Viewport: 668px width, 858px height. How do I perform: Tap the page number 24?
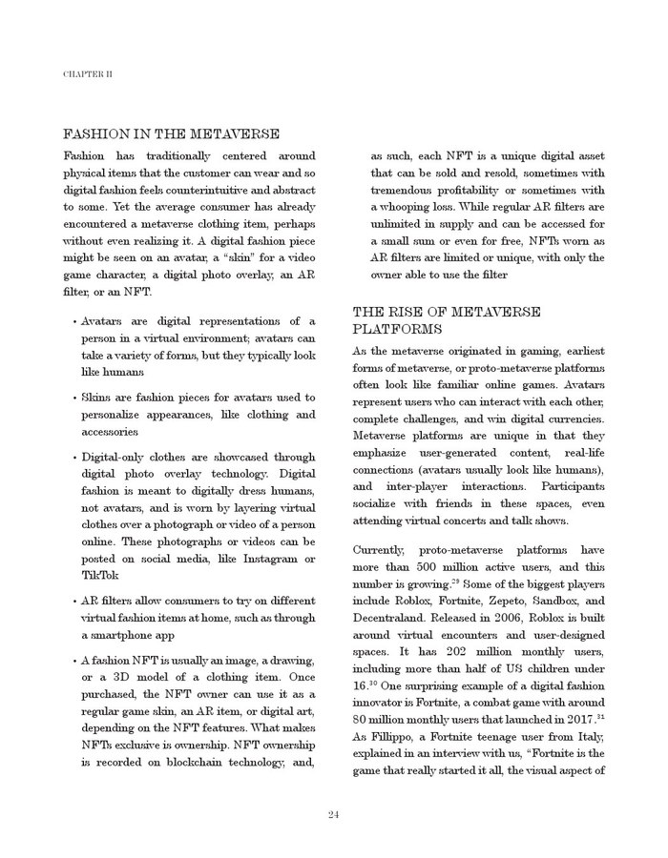pos(334,814)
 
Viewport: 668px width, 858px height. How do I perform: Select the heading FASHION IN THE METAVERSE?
pos(172,134)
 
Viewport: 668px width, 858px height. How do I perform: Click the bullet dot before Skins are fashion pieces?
pos(74,398)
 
